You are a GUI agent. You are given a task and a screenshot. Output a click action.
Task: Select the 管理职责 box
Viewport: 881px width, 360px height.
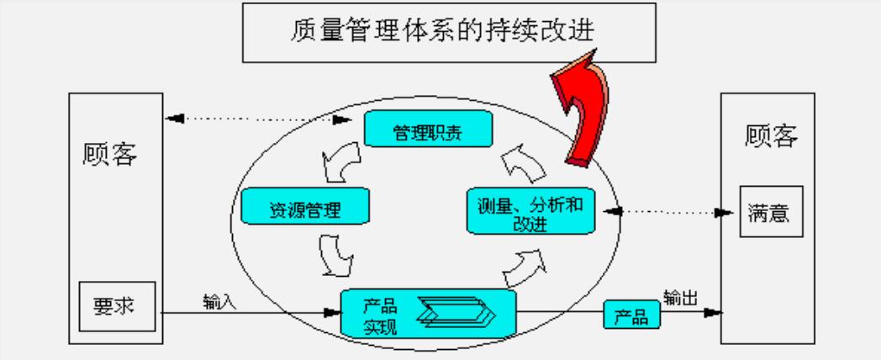427,132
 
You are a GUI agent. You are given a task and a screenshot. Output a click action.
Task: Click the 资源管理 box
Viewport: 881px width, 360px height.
305,207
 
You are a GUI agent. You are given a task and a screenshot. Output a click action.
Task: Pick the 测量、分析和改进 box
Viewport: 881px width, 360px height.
530,210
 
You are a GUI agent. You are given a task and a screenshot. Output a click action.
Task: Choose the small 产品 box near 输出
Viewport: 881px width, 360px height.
631,316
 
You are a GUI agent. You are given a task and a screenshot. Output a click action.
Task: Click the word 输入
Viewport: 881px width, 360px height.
219,301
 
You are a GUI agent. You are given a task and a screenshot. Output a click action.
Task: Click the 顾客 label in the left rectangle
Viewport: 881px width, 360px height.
110,154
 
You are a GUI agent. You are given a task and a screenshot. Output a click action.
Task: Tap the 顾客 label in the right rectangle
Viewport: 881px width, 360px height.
771,135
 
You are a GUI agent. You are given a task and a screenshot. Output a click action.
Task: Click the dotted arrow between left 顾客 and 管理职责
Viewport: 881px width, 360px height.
259,119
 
